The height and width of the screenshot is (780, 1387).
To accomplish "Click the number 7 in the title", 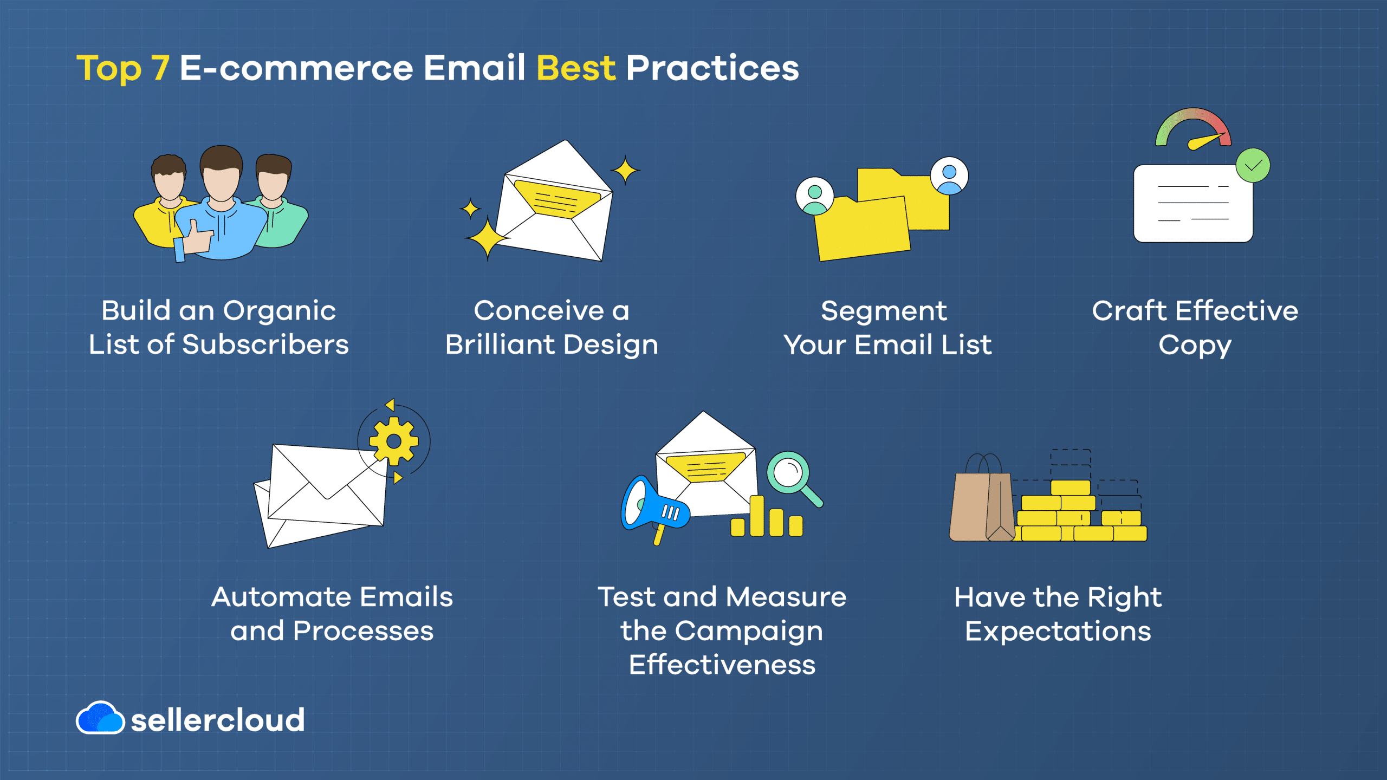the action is click(160, 69).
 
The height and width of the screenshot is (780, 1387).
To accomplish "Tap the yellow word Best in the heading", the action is click(576, 68).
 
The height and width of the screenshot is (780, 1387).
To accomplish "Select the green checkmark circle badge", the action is click(1253, 165).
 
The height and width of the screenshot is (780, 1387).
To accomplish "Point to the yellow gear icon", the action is click(394, 441).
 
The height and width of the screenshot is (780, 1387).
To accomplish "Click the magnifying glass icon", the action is click(794, 479).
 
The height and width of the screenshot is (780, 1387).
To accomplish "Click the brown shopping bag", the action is click(982, 498).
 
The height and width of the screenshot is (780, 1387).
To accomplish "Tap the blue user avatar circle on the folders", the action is click(949, 176).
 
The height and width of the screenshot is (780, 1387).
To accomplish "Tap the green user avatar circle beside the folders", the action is click(814, 196).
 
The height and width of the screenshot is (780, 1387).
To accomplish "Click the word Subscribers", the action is click(265, 344).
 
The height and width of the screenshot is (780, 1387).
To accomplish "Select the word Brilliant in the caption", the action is click(501, 344).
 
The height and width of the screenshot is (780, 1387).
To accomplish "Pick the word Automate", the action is click(282, 597).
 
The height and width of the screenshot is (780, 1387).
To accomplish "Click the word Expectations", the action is click(1058, 632).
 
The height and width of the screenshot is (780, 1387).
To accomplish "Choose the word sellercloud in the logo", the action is click(218, 720).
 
